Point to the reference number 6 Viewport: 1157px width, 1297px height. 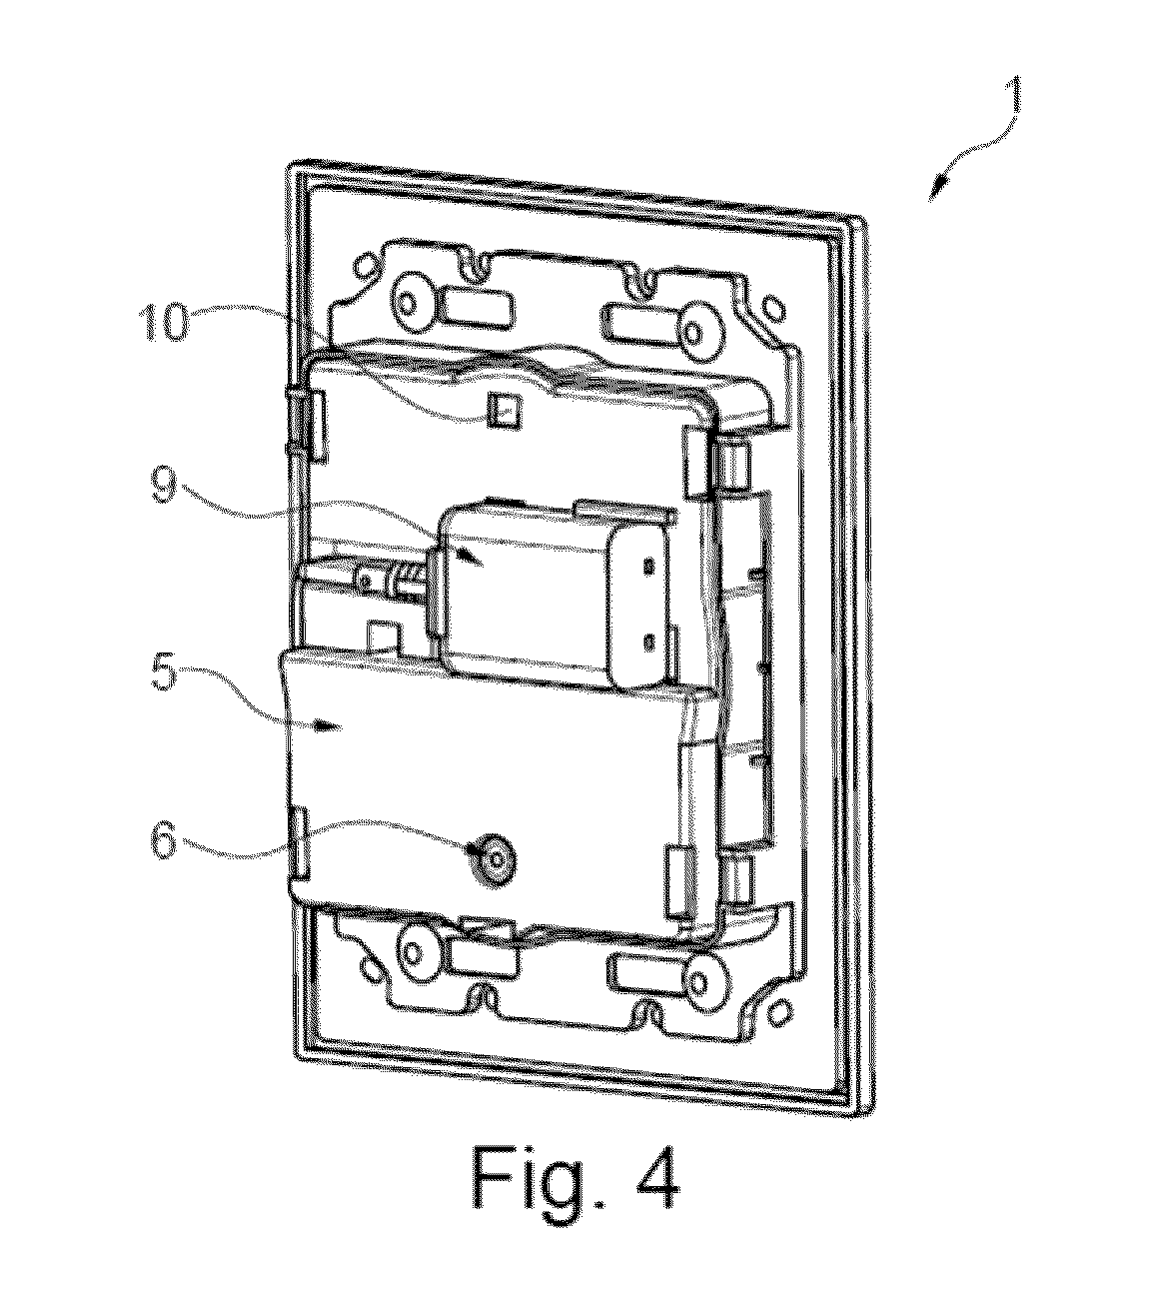coord(163,840)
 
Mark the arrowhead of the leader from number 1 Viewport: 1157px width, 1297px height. coord(937,192)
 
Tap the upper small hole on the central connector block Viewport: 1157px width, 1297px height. coord(650,566)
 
